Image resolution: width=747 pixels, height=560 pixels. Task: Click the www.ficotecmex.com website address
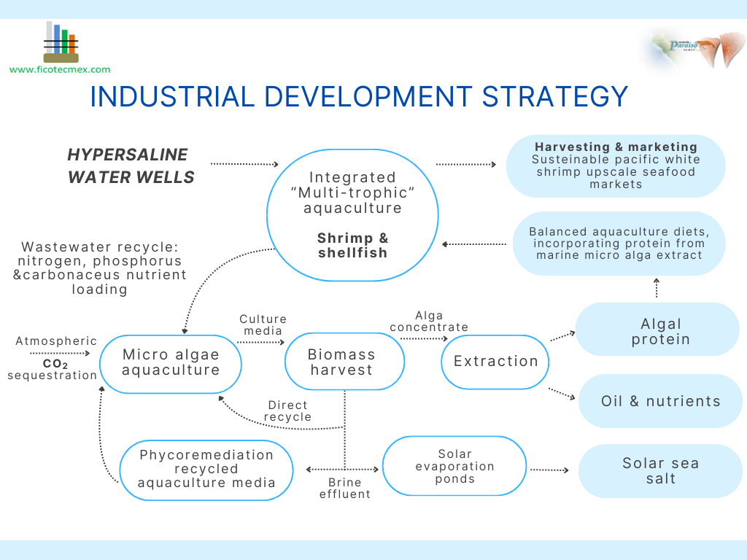(60, 70)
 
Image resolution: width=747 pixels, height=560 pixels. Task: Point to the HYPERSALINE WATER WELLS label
(131, 166)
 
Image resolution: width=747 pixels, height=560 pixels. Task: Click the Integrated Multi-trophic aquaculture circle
(352, 214)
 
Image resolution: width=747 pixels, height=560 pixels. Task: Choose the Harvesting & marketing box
(616, 166)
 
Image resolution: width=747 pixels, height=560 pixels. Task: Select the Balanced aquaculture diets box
(619, 244)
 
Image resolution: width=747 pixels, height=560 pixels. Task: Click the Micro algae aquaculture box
(171, 362)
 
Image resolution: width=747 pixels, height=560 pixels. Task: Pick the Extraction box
(495, 362)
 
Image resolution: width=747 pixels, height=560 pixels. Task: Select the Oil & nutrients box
(660, 401)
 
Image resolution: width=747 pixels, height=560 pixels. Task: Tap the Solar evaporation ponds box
(454, 467)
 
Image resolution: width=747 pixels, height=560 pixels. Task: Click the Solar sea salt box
(660, 471)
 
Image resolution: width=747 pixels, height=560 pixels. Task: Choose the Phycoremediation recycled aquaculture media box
(206, 470)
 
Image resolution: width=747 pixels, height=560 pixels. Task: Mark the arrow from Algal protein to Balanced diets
(657, 287)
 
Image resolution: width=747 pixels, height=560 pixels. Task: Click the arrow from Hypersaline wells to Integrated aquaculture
(244, 164)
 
